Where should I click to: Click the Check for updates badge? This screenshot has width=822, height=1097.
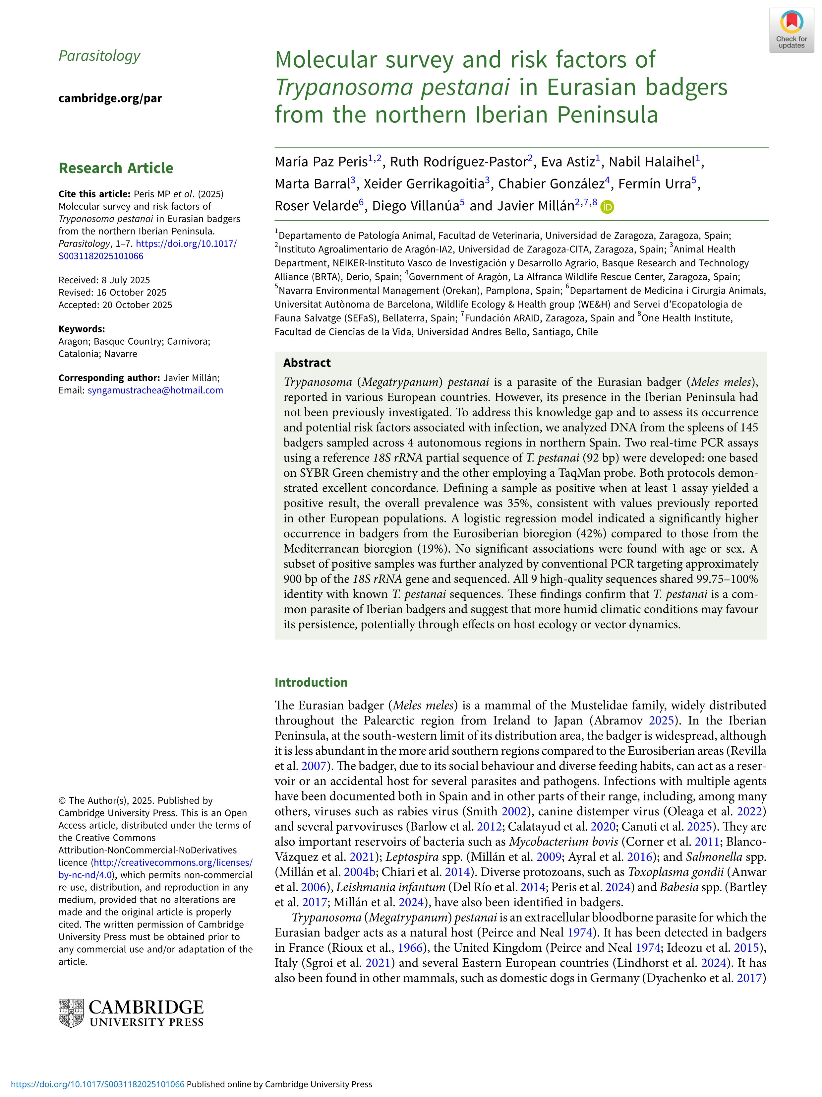click(791, 30)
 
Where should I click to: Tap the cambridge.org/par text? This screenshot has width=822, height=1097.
click(110, 98)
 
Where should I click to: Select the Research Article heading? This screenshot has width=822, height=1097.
click(116, 168)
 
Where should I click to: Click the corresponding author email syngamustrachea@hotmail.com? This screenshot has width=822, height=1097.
click(155, 390)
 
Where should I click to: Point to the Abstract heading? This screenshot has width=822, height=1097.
click(307, 363)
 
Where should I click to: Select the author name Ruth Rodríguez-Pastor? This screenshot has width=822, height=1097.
click(459, 162)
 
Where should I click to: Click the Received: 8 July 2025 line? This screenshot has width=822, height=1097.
click(104, 280)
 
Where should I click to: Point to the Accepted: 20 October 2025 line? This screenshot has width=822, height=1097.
click(115, 305)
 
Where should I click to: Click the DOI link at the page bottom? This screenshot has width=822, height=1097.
click(97, 1084)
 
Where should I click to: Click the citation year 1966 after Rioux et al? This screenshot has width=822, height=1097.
click(410, 948)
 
